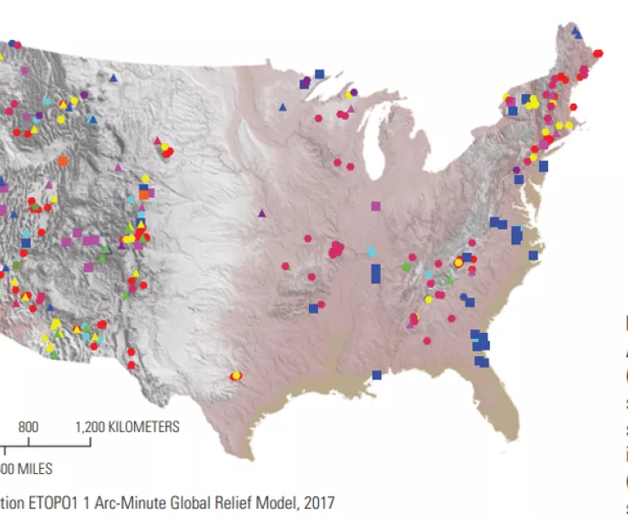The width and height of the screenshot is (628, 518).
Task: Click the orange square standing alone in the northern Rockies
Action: pos(63,160)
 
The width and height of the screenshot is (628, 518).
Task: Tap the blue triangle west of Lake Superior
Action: pos(282,107)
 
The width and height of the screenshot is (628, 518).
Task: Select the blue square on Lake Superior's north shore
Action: pos(319,74)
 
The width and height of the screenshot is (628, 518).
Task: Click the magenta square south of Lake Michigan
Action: pos(376,206)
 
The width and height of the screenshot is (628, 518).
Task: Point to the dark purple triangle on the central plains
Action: pos(262,213)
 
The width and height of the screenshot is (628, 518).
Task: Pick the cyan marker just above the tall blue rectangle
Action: pos(371,251)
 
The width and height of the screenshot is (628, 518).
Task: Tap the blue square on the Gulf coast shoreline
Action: pos(376,374)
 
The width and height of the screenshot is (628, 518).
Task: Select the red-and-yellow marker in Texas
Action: pos(236,375)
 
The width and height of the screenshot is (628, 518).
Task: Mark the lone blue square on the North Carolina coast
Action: pos(533,255)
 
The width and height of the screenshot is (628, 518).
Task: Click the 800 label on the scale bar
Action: pos(29,426)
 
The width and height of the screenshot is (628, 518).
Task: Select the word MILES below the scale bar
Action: pos(34,468)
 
